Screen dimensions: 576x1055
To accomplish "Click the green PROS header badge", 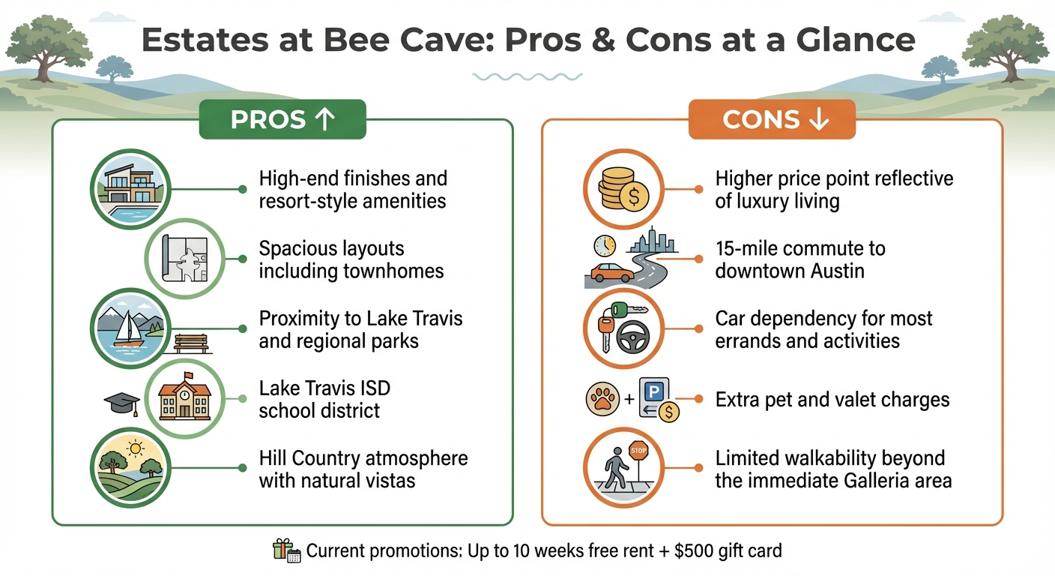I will tap(282, 121).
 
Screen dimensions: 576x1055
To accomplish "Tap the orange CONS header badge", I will tap(771, 121).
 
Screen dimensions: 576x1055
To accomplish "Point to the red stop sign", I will tap(638, 452).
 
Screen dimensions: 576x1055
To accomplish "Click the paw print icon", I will tap(603, 399).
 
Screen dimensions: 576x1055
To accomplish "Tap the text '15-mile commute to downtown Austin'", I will tap(799, 259).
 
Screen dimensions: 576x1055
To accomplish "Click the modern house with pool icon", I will tap(129, 189).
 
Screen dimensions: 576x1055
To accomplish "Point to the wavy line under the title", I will tap(527, 76).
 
